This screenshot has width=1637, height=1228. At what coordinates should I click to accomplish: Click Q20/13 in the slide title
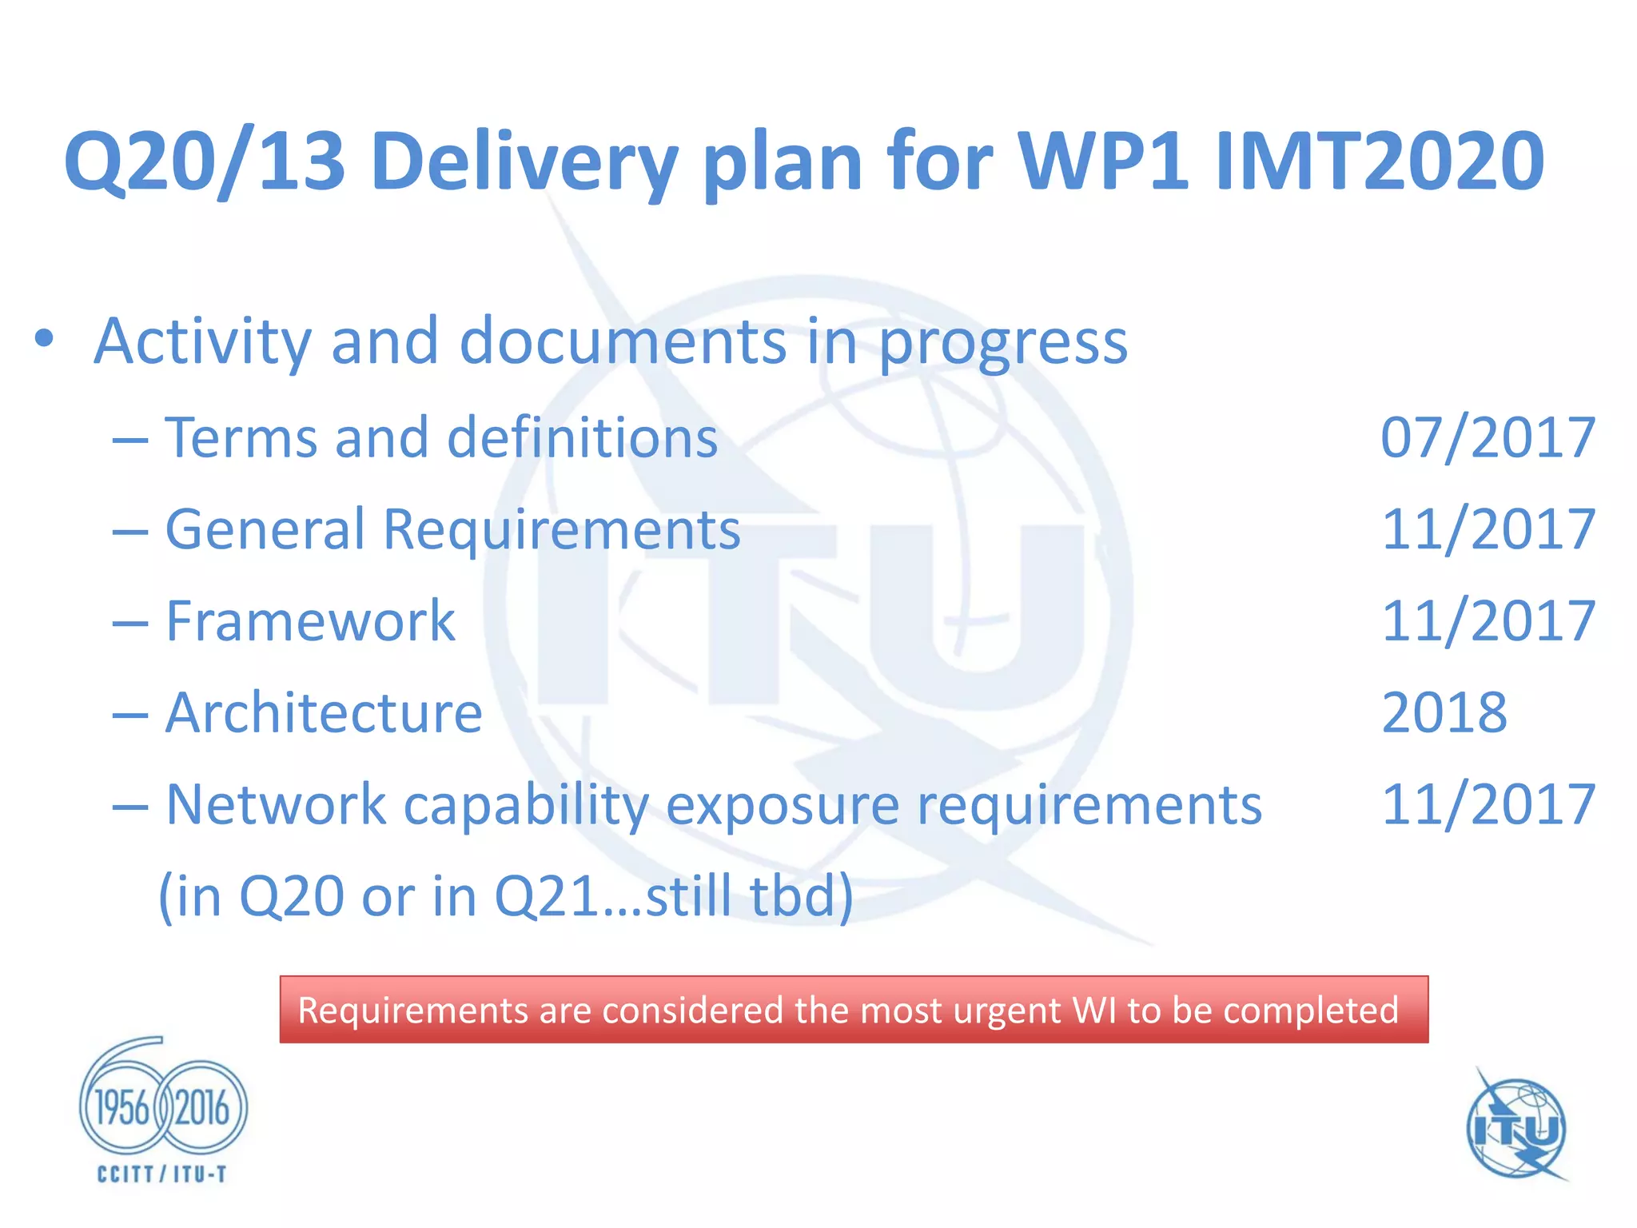click(204, 162)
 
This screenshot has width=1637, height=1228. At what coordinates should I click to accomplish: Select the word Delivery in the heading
click(524, 162)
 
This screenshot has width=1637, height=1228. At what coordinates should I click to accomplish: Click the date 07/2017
click(1488, 438)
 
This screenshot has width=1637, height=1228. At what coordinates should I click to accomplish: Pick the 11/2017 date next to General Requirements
click(1488, 530)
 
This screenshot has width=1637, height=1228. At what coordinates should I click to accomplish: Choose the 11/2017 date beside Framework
click(1488, 621)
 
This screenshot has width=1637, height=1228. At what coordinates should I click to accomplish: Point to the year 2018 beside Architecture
click(1444, 713)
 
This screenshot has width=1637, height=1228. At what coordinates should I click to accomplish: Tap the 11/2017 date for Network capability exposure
click(1488, 804)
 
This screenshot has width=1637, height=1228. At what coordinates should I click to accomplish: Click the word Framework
click(310, 621)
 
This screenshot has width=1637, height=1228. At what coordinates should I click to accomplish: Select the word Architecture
click(324, 713)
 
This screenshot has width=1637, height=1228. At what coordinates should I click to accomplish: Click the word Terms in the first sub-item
click(240, 438)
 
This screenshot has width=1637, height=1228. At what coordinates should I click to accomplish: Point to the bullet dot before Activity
click(45, 339)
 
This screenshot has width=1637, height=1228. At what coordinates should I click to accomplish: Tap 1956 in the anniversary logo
click(122, 1108)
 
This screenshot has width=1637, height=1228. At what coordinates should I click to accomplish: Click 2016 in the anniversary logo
click(202, 1108)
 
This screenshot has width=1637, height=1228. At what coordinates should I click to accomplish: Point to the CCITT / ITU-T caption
click(162, 1174)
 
